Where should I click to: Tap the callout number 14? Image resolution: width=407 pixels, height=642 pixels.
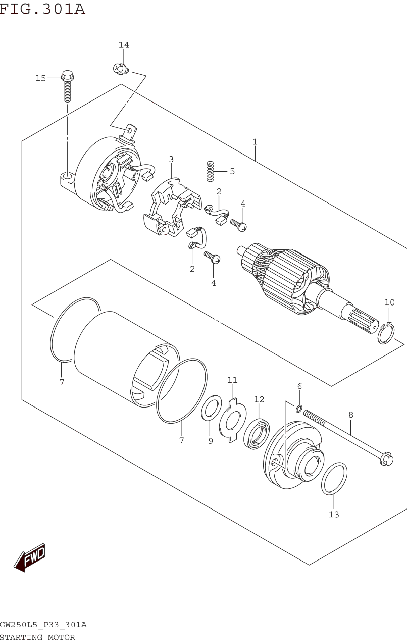click(124, 45)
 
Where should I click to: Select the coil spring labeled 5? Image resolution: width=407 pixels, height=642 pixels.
click(210, 171)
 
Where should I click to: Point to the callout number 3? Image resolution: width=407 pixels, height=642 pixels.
click(171, 159)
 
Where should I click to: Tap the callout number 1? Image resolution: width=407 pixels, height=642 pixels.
click(255, 142)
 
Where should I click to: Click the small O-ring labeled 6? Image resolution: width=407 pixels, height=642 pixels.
click(299, 408)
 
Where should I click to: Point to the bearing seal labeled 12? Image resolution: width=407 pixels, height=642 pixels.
click(257, 434)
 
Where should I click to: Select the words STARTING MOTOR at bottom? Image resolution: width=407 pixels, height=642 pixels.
click(37, 637)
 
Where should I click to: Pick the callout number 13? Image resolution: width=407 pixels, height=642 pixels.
click(334, 514)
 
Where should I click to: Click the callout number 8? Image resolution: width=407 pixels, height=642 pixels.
click(351, 415)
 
